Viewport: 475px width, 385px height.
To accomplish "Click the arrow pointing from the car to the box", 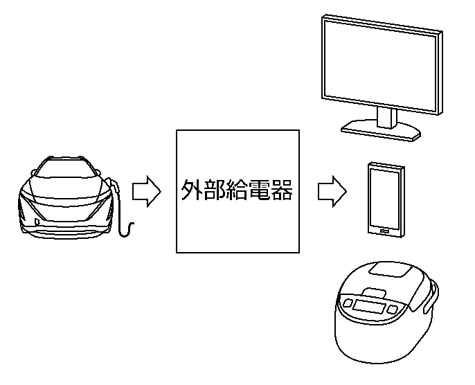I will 146,191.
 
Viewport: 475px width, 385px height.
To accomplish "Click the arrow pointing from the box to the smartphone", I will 332,190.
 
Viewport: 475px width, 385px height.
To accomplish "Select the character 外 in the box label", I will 191,190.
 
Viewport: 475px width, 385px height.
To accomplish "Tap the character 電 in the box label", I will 261,190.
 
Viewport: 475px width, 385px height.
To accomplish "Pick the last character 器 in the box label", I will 284,190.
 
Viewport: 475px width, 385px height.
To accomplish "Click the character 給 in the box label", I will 238,190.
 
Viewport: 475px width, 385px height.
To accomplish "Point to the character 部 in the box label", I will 214,190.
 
